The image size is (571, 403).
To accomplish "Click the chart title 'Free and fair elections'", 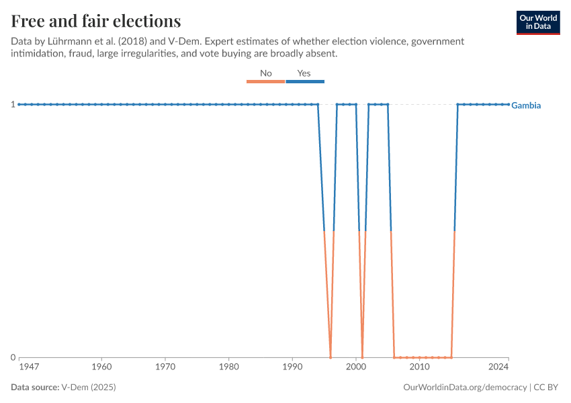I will (95, 21).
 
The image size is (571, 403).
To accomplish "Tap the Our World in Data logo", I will (537, 22).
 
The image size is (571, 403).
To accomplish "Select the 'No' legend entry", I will (266, 73).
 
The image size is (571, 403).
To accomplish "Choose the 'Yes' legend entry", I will (304, 73).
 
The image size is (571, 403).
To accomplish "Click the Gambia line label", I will (526, 105).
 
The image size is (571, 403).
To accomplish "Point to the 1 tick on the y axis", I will (13, 104).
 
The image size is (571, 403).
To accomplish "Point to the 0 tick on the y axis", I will (13, 357).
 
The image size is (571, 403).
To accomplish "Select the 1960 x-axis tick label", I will (101, 367).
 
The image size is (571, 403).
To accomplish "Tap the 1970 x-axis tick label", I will (165, 367).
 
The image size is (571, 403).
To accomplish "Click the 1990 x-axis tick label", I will (292, 367).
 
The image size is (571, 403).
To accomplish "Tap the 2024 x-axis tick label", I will (498, 367).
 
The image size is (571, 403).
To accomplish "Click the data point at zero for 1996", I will (331, 357).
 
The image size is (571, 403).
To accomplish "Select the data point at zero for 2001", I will (362, 357).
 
